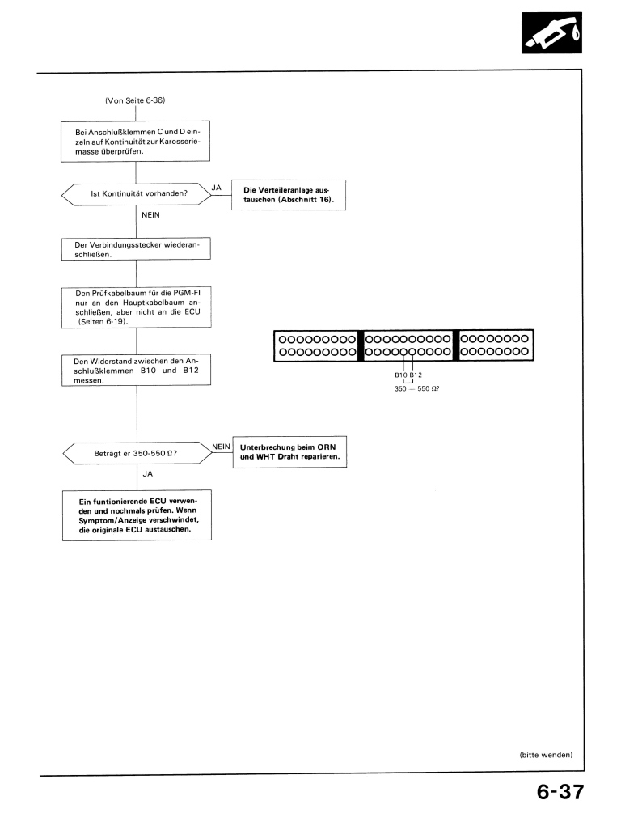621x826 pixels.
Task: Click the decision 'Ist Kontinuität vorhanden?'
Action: [135, 194]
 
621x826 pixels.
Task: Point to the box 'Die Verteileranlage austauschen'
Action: [288, 195]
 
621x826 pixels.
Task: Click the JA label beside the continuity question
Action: [216, 187]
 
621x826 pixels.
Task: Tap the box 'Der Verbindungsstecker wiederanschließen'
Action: [136, 248]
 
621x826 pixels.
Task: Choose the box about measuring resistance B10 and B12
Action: [136, 372]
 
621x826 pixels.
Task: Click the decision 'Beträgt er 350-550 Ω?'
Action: [135, 452]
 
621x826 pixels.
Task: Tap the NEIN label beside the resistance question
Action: [221, 445]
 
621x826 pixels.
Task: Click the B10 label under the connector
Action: [401, 375]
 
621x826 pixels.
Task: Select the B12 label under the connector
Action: [416, 375]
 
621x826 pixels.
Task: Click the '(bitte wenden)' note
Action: [545, 755]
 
